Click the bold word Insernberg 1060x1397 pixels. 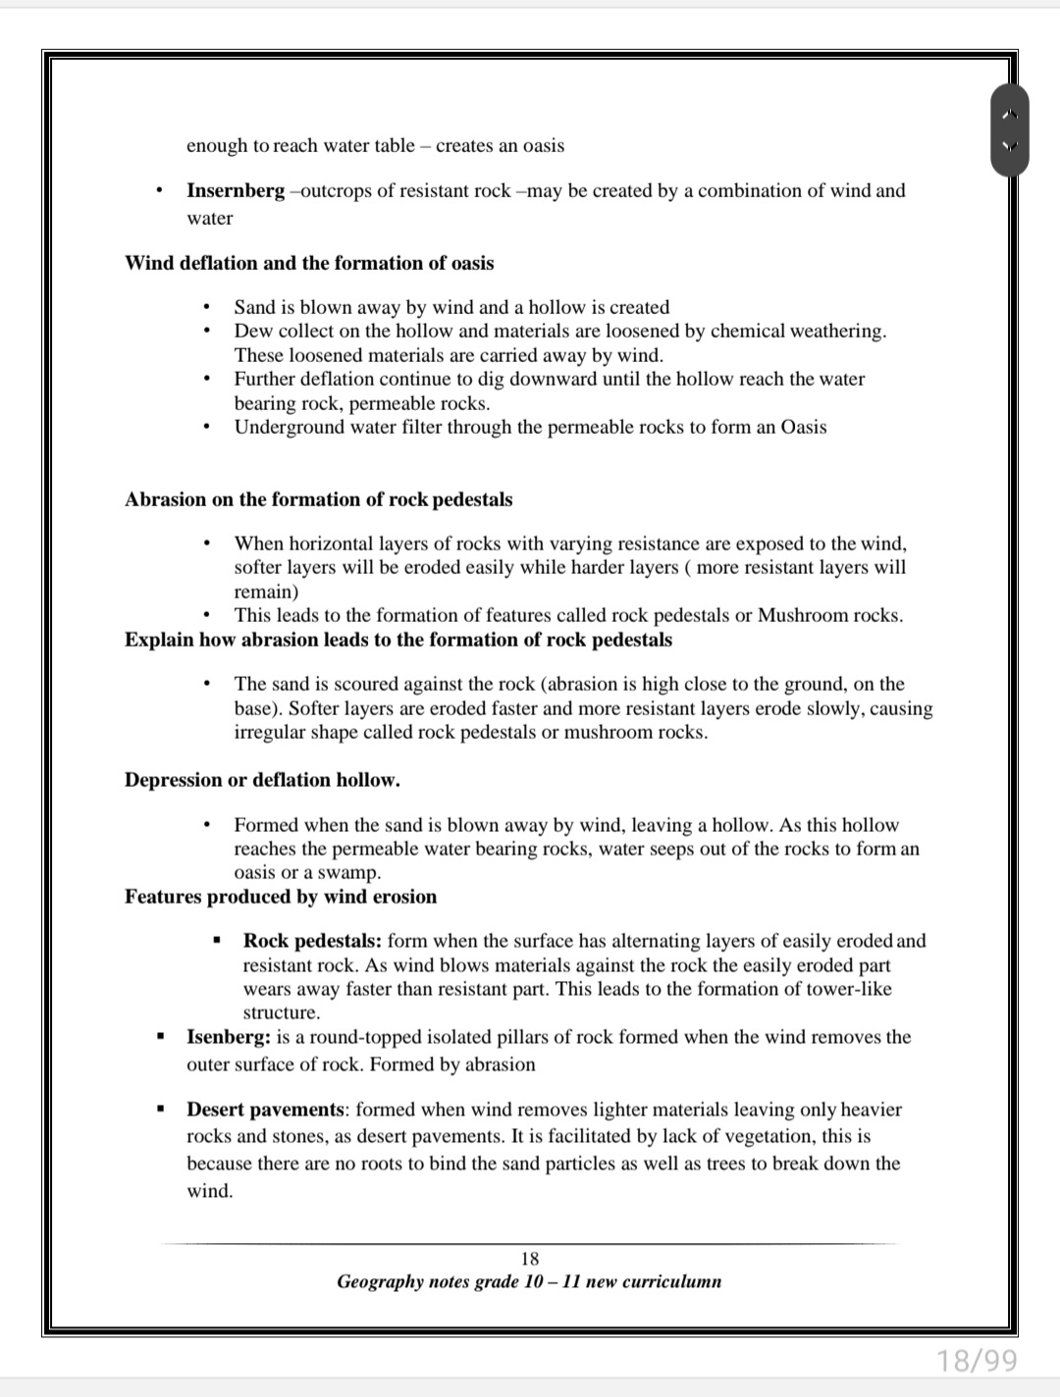pyautogui.click(x=236, y=190)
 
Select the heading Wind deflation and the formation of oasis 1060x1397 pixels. pyautogui.click(x=309, y=263)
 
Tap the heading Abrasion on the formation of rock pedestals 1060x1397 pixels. pyautogui.click(x=318, y=499)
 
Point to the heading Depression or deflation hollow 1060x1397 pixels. pyautogui.click(x=262, y=780)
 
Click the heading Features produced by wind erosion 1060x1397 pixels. pyautogui.click(x=281, y=897)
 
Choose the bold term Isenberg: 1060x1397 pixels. pyautogui.click(x=229, y=1037)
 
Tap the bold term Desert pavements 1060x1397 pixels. pyautogui.click(x=266, y=1110)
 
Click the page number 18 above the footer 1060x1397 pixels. pyautogui.click(x=530, y=1259)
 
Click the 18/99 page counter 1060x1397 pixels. pyautogui.click(x=978, y=1361)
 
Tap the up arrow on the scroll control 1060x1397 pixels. pyautogui.click(x=1010, y=116)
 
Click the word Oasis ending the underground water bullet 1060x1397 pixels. pyautogui.click(x=803, y=427)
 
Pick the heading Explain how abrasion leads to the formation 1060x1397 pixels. pyautogui.click(x=398, y=640)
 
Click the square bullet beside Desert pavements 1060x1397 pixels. pyautogui.click(x=158, y=1111)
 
